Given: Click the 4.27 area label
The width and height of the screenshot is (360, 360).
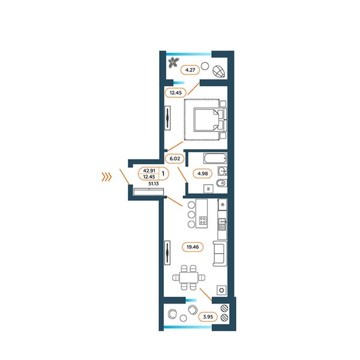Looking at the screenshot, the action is click(x=190, y=70).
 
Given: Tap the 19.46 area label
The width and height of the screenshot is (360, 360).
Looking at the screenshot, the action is click(x=193, y=247).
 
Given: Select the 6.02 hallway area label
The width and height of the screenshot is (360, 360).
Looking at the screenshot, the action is click(x=175, y=158).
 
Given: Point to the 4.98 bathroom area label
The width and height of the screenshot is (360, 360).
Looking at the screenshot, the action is click(x=203, y=173).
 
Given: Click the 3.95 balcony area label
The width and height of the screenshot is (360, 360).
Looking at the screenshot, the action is click(x=208, y=317).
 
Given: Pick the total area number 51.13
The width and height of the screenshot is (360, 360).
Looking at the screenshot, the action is click(x=154, y=184).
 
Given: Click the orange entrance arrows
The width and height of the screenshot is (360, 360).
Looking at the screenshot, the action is click(x=107, y=177).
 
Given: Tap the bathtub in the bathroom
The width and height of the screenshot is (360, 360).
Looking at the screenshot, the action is click(x=215, y=158).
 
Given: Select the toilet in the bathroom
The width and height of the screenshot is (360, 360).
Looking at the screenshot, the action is click(x=221, y=183).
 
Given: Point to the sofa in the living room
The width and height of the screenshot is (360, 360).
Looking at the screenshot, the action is click(x=220, y=253).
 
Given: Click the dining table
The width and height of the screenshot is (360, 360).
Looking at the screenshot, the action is click(x=188, y=278).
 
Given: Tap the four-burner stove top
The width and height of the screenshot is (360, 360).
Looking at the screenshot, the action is click(x=203, y=221).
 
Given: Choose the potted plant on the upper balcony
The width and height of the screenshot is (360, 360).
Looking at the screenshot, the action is click(x=173, y=62).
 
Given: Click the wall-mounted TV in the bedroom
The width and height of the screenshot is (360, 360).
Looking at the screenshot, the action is click(x=167, y=118).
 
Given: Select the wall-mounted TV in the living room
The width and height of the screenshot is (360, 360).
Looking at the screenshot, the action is click(x=167, y=253).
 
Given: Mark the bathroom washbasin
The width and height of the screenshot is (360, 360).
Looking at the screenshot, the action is click(x=222, y=171).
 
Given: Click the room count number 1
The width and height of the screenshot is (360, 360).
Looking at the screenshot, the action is click(x=163, y=173).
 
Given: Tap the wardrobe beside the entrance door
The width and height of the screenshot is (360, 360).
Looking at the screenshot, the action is click(x=149, y=192).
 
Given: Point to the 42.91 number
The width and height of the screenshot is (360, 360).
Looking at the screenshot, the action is click(x=149, y=170).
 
